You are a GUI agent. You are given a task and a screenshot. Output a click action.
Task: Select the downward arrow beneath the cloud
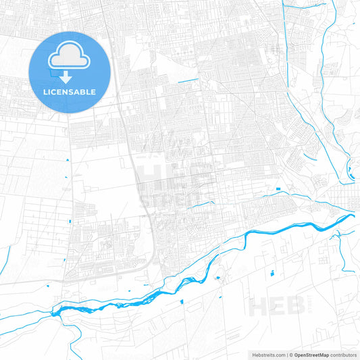[66, 76]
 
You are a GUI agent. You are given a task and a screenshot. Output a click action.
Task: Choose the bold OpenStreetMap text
[311, 355]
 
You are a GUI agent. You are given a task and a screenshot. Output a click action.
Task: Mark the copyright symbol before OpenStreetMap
[290, 355]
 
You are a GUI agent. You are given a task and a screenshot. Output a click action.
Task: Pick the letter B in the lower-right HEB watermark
[292, 307]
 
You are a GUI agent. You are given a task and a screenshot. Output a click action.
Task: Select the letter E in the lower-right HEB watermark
[276, 307]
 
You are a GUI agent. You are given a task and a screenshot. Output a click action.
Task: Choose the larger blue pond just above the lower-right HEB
[273, 273]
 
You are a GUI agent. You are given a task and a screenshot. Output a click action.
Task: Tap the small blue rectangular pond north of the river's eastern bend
[278, 186]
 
